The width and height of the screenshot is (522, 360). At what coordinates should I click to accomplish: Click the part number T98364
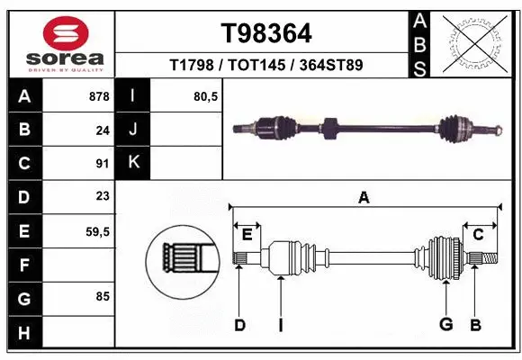[x=266, y=34]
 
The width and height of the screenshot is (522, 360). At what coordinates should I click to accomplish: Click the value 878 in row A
[x=100, y=95]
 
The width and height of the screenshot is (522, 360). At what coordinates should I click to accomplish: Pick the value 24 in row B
[x=103, y=130]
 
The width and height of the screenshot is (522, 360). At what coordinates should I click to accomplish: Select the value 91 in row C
[x=103, y=164]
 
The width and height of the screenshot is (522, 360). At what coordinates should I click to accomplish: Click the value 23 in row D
[x=103, y=197]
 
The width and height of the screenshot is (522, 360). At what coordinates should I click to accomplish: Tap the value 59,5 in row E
[x=97, y=231]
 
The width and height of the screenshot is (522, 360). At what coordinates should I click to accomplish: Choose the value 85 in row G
[x=103, y=295]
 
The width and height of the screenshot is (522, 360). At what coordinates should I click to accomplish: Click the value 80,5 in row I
[x=206, y=95]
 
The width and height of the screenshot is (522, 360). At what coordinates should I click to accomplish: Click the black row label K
[x=133, y=163]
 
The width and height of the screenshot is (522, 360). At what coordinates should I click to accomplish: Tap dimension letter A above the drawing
[x=364, y=197]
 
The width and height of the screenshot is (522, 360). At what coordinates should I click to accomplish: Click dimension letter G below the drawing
[x=445, y=325]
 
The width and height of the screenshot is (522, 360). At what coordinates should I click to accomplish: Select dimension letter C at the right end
[x=479, y=234]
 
